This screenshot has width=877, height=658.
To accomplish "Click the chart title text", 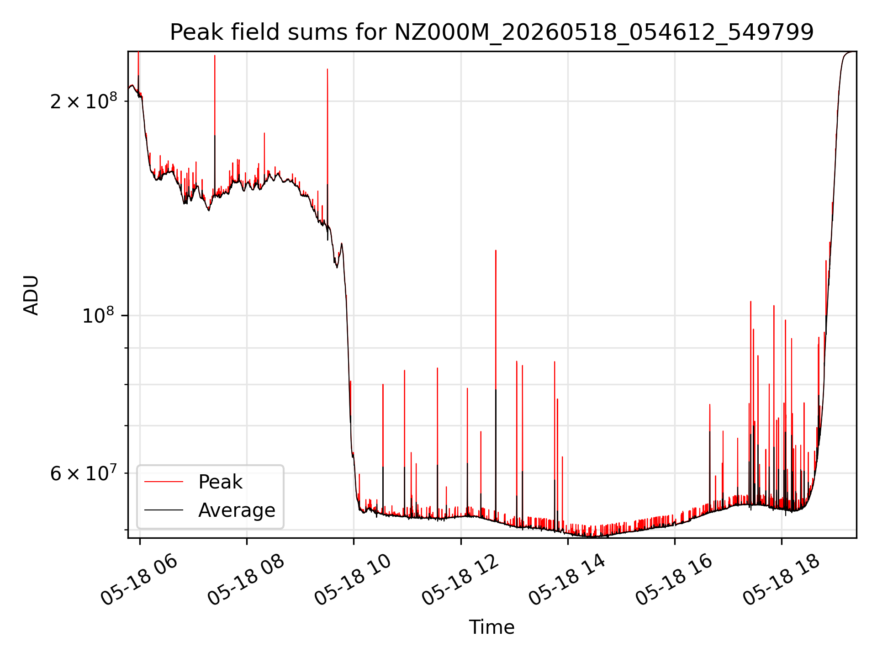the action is pos(491,32).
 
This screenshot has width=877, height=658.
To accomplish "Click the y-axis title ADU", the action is pos(32,295).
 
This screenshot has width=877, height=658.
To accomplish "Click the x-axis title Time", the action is pos(491,627).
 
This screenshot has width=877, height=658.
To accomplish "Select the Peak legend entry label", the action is pos(220,482).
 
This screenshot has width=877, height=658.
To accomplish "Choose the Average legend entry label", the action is pos(237,510).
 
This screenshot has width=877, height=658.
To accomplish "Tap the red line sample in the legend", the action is pos(164,482).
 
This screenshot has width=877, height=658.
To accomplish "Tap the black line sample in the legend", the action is pos(164,510).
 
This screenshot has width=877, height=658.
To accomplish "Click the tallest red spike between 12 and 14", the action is pos(496,250).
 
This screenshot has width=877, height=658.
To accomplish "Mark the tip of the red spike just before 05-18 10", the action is pos(327,69).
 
